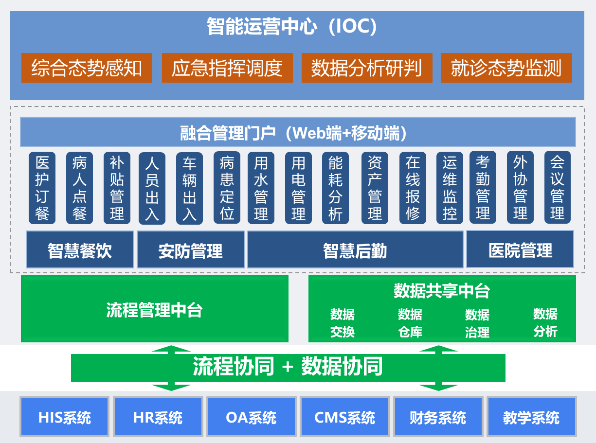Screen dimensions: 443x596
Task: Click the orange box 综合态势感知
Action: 87,68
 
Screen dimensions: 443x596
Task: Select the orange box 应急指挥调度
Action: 227,68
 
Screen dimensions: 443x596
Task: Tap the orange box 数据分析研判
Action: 367,68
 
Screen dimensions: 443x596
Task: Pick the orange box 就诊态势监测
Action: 506,68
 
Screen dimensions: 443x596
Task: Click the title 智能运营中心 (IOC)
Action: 292,27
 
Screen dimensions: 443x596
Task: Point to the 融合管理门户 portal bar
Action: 298,132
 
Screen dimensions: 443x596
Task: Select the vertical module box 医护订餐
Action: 42,188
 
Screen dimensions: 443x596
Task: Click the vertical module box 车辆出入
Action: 189,188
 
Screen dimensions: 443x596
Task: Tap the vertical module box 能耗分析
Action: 335,188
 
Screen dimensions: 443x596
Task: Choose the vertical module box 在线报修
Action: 413,188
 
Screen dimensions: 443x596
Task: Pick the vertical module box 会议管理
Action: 557,187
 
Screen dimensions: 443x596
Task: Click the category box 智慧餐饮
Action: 80,250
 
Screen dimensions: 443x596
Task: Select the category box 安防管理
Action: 191,250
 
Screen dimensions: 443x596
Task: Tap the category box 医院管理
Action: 520,250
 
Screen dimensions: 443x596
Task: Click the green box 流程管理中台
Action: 155,309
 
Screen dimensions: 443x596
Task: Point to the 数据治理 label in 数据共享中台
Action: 477,323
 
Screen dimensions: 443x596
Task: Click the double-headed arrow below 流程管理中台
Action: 171,368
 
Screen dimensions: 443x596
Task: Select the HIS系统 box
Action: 64,417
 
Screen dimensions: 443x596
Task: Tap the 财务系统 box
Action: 438,417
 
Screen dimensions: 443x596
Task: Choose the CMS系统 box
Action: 344,417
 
